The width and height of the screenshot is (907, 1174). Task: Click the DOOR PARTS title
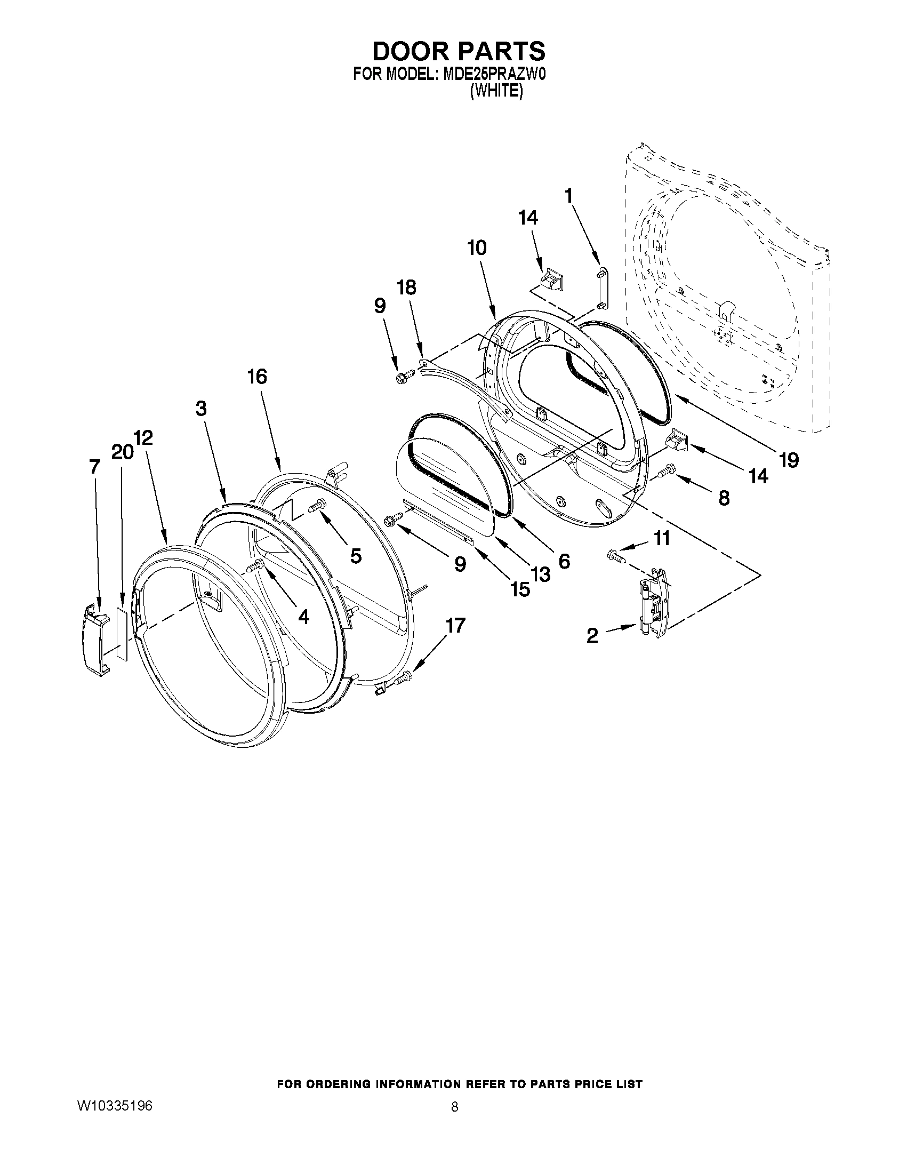[x=459, y=52]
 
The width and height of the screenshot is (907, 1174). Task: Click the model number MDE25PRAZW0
[x=494, y=75]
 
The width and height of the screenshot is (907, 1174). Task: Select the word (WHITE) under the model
[x=495, y=92]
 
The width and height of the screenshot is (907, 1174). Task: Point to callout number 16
[x=257, y=377]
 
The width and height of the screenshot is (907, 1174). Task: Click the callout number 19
[x=789, y=460]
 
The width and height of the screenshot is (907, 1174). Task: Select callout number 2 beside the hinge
[x=591, y=636]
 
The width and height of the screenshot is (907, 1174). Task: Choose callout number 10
[x=477, y=248]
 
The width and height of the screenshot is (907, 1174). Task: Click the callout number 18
[x=407, y=287]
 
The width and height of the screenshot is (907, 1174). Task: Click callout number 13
[x=541, y=574]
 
